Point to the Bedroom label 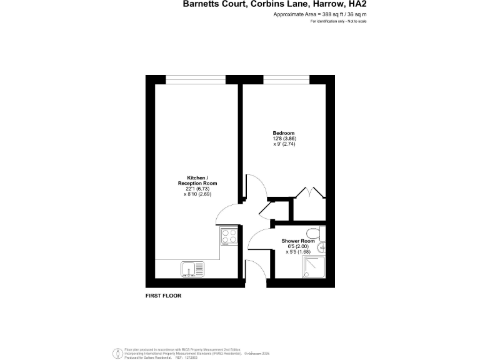[x=283, y=133]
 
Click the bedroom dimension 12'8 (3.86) [x=283, y=139]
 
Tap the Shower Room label [x=298, y=241]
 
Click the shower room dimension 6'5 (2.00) [x=298, y=246]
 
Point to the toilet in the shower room [x=318, y=233]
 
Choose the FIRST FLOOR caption [x=162, y=296]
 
